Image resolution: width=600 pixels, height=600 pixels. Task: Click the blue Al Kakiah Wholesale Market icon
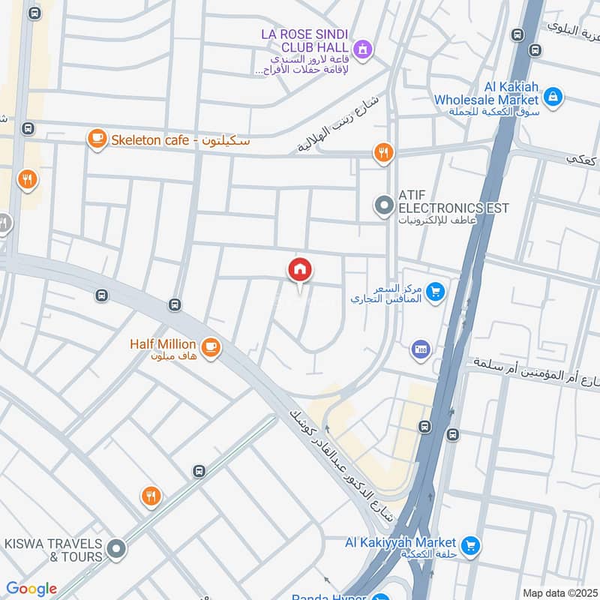[x=553, y=96]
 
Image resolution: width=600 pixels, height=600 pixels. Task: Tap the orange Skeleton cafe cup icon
[x=97, y=139]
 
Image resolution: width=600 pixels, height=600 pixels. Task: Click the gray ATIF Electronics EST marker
[x=384, y=205]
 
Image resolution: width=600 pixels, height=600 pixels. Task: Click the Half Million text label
[x=163, y=344]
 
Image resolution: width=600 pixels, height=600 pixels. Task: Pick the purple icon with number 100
[x=419, y=349]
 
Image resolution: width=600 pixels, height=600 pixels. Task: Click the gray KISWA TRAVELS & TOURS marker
[x=115, y=550]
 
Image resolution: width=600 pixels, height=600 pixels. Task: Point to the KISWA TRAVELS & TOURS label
[x=53, y=550]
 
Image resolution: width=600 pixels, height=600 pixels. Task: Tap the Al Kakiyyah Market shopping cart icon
[x=470, y=544]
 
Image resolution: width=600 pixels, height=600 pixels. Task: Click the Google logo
[x=31, y=589]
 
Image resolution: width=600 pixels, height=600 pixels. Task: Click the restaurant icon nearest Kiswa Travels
[x=151, y=496]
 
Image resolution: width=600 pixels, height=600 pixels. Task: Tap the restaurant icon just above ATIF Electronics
[x=383, y=153]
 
